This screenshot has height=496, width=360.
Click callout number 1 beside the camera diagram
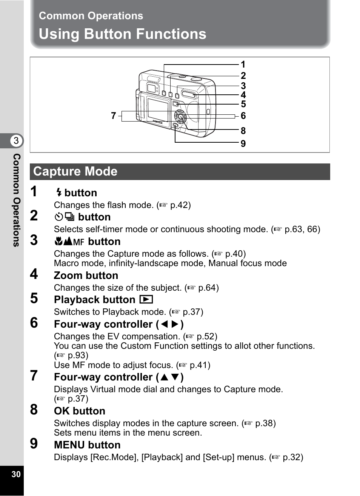point(243,65)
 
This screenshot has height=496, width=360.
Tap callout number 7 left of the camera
point(113,116)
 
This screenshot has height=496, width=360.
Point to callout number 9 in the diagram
point(243,144)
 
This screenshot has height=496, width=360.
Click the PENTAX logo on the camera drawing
point(158,122)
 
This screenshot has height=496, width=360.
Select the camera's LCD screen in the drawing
point(157,109)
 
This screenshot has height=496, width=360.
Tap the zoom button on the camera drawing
point(189,94)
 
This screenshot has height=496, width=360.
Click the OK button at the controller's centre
point(181,117)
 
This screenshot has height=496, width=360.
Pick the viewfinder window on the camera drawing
point(151,88)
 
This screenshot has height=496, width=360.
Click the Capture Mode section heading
point(75,172)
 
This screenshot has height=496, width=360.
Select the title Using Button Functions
point(123,34)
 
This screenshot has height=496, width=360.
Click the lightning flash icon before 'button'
point(58,193)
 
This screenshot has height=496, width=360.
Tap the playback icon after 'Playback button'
point(146,300)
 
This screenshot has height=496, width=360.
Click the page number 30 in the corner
point(16,474)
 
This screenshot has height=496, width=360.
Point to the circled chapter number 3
point(16,141)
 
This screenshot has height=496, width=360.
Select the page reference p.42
point(179,205)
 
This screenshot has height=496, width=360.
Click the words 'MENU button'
point(87,445)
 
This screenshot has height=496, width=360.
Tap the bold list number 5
point(34,299)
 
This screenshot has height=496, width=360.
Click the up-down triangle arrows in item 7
point(169,377)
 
